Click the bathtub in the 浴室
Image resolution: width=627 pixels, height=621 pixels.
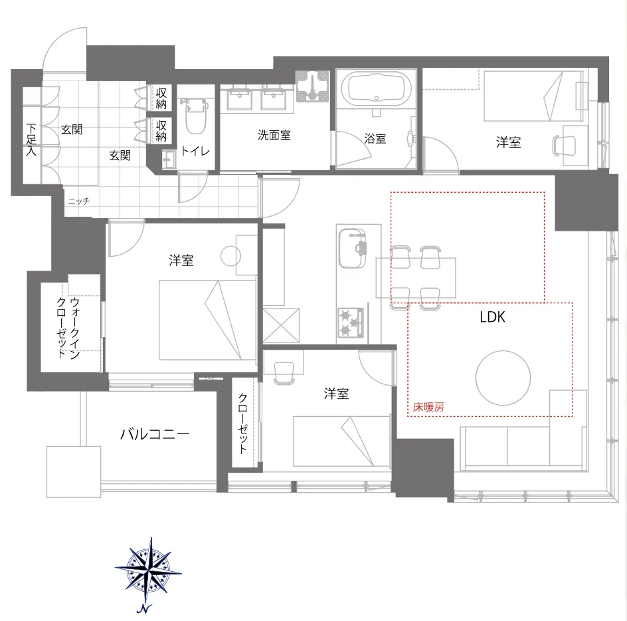point(375,89)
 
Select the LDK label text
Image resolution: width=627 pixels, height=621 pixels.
point(492,317)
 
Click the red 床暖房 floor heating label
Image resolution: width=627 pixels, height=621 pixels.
point(428,407)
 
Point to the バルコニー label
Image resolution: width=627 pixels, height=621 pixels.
point(155,434)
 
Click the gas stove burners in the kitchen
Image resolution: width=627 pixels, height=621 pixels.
point(350,322)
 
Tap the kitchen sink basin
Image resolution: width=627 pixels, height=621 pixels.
point(352,249)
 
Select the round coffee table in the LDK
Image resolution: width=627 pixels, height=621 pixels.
point(503,378)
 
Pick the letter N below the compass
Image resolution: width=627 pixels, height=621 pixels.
point(144,609)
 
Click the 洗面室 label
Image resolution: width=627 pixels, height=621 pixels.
point(274,135)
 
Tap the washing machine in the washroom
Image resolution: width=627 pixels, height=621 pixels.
point(312,86)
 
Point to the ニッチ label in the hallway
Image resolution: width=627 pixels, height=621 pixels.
point(78,201)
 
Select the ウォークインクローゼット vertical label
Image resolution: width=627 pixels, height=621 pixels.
point(68,328)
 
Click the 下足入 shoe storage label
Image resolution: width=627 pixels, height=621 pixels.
point(31,140)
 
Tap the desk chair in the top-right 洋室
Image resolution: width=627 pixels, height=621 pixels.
point(563,145)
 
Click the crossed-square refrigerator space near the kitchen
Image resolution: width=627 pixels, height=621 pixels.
point(281,325)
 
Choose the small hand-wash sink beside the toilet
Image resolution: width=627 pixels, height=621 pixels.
point(169,160)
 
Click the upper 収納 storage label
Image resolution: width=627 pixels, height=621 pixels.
point(161,98)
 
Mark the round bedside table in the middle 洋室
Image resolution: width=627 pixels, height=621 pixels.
point(230,255)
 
